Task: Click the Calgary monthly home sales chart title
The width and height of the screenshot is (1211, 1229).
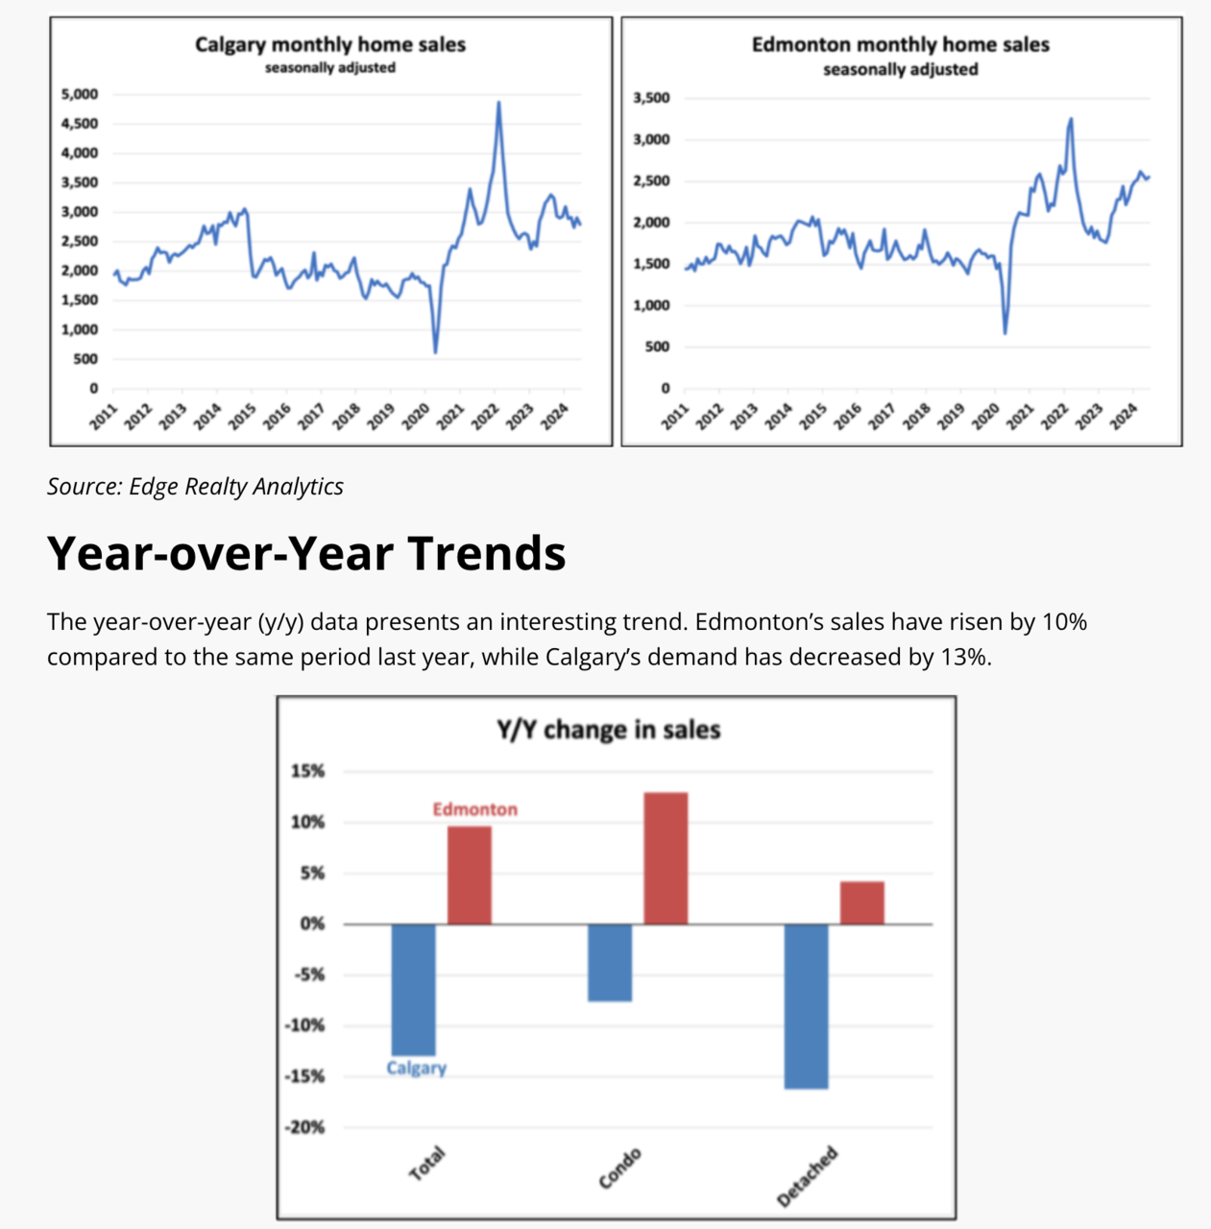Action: pyautogui.click(x=329, y=44)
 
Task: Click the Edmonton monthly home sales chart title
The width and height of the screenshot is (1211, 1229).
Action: pyautogui.click(x=900, y=44)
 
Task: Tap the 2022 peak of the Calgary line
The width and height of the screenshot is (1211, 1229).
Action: pyautogui.click(x=498, y=104)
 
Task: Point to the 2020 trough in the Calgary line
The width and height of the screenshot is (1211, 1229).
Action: pyautogui.click(x=435, y=351)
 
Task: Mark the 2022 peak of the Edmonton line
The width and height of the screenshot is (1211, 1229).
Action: pyautogui.click(x=1071, y=120)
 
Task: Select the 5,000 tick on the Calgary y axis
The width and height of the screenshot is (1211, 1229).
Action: pyautogui.click(x=80, y=94)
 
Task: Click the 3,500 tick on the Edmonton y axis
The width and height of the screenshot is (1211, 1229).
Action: pyautogui.click(x=652, y=98)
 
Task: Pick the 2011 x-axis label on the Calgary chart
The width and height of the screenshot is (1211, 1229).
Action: pyautogui.click(x=104, y=417)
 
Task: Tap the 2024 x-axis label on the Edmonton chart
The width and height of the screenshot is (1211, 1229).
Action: pyautogui.click(x=1124, y=417)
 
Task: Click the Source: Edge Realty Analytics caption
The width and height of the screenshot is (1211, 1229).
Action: pyautogui.click(x=195, y=487)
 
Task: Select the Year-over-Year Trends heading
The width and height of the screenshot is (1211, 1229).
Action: pyautogui.click(x=306, y=553)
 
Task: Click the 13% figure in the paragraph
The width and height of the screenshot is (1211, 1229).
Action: pyautogui.click(x=963, y=658)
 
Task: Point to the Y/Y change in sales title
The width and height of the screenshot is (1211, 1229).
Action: pyautogui.click(x=608, y=730)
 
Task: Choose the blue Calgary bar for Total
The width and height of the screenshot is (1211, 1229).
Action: pyautogui.click(x=414, y=989)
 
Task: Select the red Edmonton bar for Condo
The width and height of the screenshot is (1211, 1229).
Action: pyautogui.click(x=666, y=857)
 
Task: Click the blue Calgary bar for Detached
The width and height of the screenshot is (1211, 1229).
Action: pyautogui.click(x=806, y=1005)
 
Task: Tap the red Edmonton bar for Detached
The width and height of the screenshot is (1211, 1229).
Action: pyautogui.click(x=861, y=903)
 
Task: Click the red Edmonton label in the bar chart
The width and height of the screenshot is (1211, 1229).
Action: pyautogui.click(x=474, y=809)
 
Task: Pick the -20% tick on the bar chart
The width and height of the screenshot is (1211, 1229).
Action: pyautogui.click(x=304, y=1127)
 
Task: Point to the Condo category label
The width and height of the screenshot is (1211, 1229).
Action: pyautogui.click(x=619, y=1169)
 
